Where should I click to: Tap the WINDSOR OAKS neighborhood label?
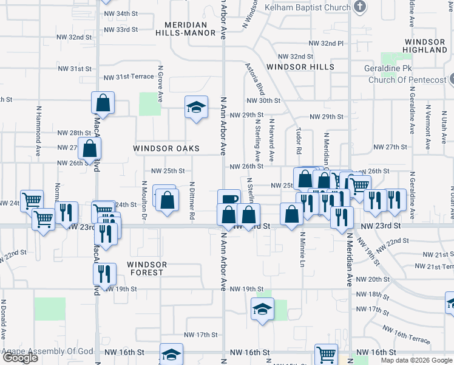pyautogui.click(x=166, y=148)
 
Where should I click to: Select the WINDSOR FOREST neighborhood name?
pyautogui.click(x=146, y=268)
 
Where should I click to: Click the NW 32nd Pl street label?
pyautogui.click(x=326, y=44)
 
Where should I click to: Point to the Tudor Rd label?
pyautogui.click(x=299, y=141)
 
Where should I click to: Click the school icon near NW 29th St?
pyautogui.click(x=195, y=108)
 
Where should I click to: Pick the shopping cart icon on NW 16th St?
pyautogui.click(x=326, y=354)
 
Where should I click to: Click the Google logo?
pyautogui.click(x=20, y=358)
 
